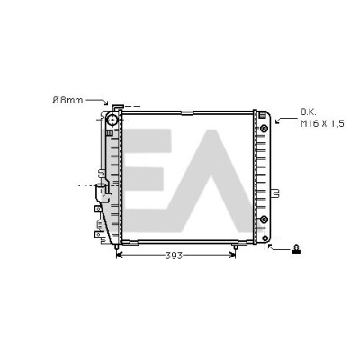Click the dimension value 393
tap(174, 256)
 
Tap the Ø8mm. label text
tap(69, 100)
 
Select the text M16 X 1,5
tap(322, 124)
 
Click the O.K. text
tap(309, 112)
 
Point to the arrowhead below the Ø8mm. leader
tap(106, 103)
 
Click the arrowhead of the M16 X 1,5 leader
tap(277, 121)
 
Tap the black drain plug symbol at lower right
tap(296, 249)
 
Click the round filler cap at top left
tap(112, 121)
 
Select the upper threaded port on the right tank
tap(264, 129)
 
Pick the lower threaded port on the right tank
tap(264, 220)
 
